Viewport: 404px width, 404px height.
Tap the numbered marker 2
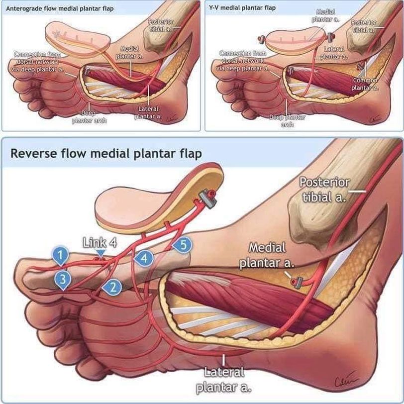pyautogui.click(x=112, y=287)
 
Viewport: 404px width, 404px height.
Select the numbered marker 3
pyautogui.click(x=63, y=279)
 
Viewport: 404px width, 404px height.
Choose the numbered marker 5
pyautogui.click(x=183, y=245)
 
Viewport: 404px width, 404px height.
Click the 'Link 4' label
pyautogui.click(x=100, y=243)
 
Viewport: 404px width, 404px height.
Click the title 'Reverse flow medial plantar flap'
pyautogui.click(x=106, y=153)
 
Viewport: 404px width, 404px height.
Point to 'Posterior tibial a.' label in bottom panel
pyautogui.click(x=324, y=189)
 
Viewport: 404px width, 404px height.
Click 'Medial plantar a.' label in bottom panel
pyautogui.click(x=267, y=255)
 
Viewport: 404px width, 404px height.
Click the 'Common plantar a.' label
pyautogui.click(x=366, y=84)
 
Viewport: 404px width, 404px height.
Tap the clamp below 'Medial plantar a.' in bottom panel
pyautogui.click(x=298, y=283)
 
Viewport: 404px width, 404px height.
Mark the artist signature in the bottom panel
pyautogui.click(x=376, y=383)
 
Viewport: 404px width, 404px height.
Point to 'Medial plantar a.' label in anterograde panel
pyautogui.click(x=129, y=53)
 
